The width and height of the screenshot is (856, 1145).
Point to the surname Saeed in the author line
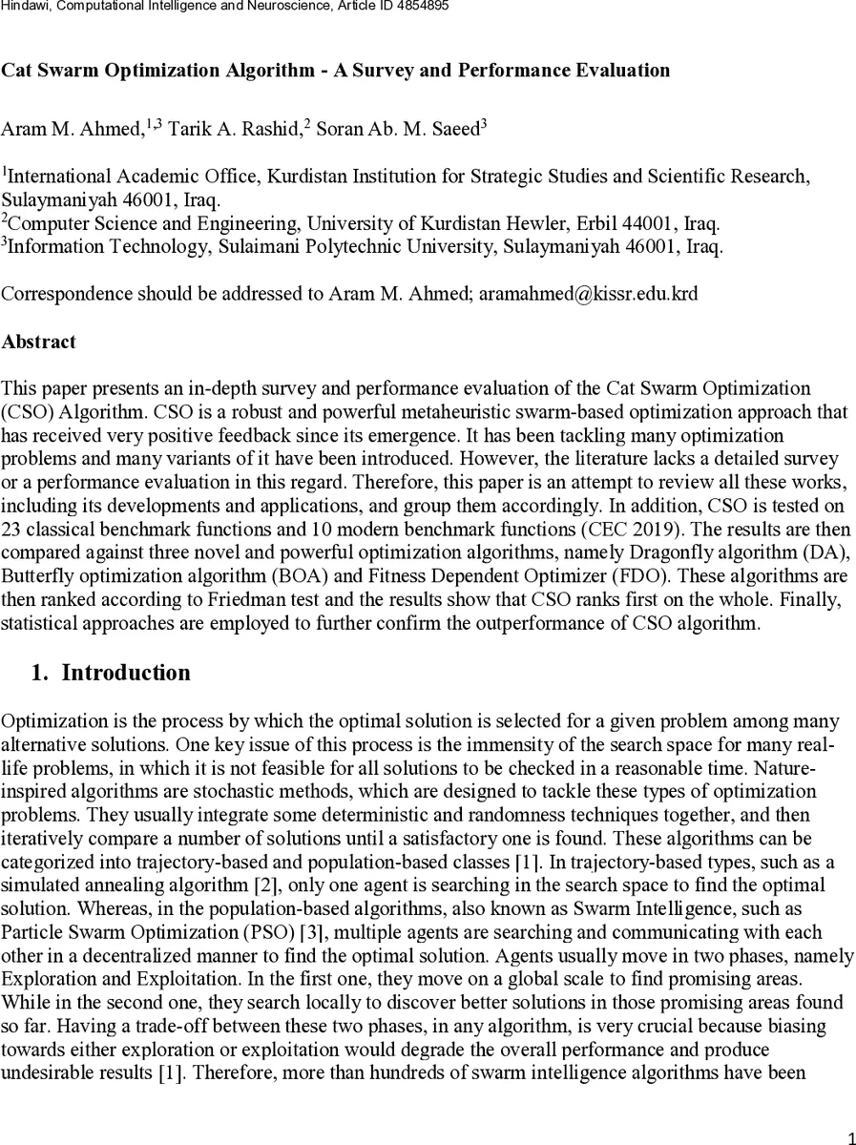(x=455, y=131)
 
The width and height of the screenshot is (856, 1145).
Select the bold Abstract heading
(x=38, y=341)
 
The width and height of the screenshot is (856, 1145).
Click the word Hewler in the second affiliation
(x=523, y=223)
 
